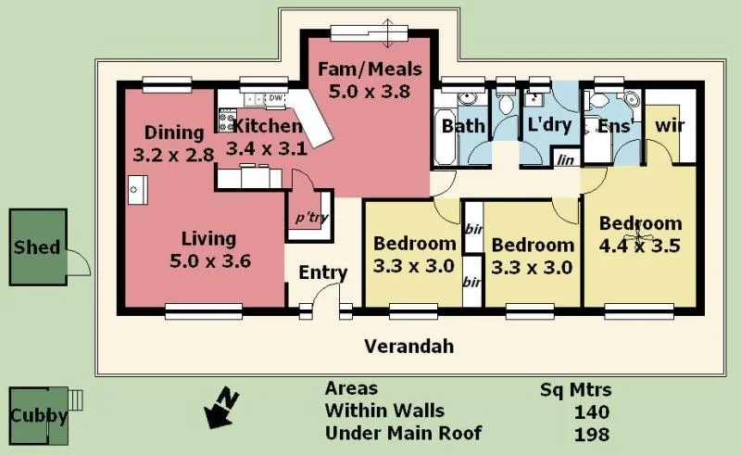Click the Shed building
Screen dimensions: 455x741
[x=38, y=246]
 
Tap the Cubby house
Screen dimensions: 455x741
[x=38, y=415]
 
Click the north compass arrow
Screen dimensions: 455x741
[x=221, y=411]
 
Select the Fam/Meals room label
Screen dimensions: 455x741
[x=370, y=80]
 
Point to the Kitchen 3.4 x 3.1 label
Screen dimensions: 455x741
[x=267, y=136]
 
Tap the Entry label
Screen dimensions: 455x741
[x=322, y=272]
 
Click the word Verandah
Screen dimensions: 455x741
[x=408, y=347]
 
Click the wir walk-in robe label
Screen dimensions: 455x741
[x=669, y=124]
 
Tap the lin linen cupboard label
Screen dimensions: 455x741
[x=564, y=159]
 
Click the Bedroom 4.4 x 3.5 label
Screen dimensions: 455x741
[x=640, y=234]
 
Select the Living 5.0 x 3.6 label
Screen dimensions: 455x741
[x=208, y=250]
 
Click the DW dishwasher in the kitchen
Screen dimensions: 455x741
[x=275, y=98]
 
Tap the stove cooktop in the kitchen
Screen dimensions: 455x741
[x=225, y=119]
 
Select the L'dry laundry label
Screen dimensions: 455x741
[x=549, y=125]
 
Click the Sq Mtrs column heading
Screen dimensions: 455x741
[x=576, y=389]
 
